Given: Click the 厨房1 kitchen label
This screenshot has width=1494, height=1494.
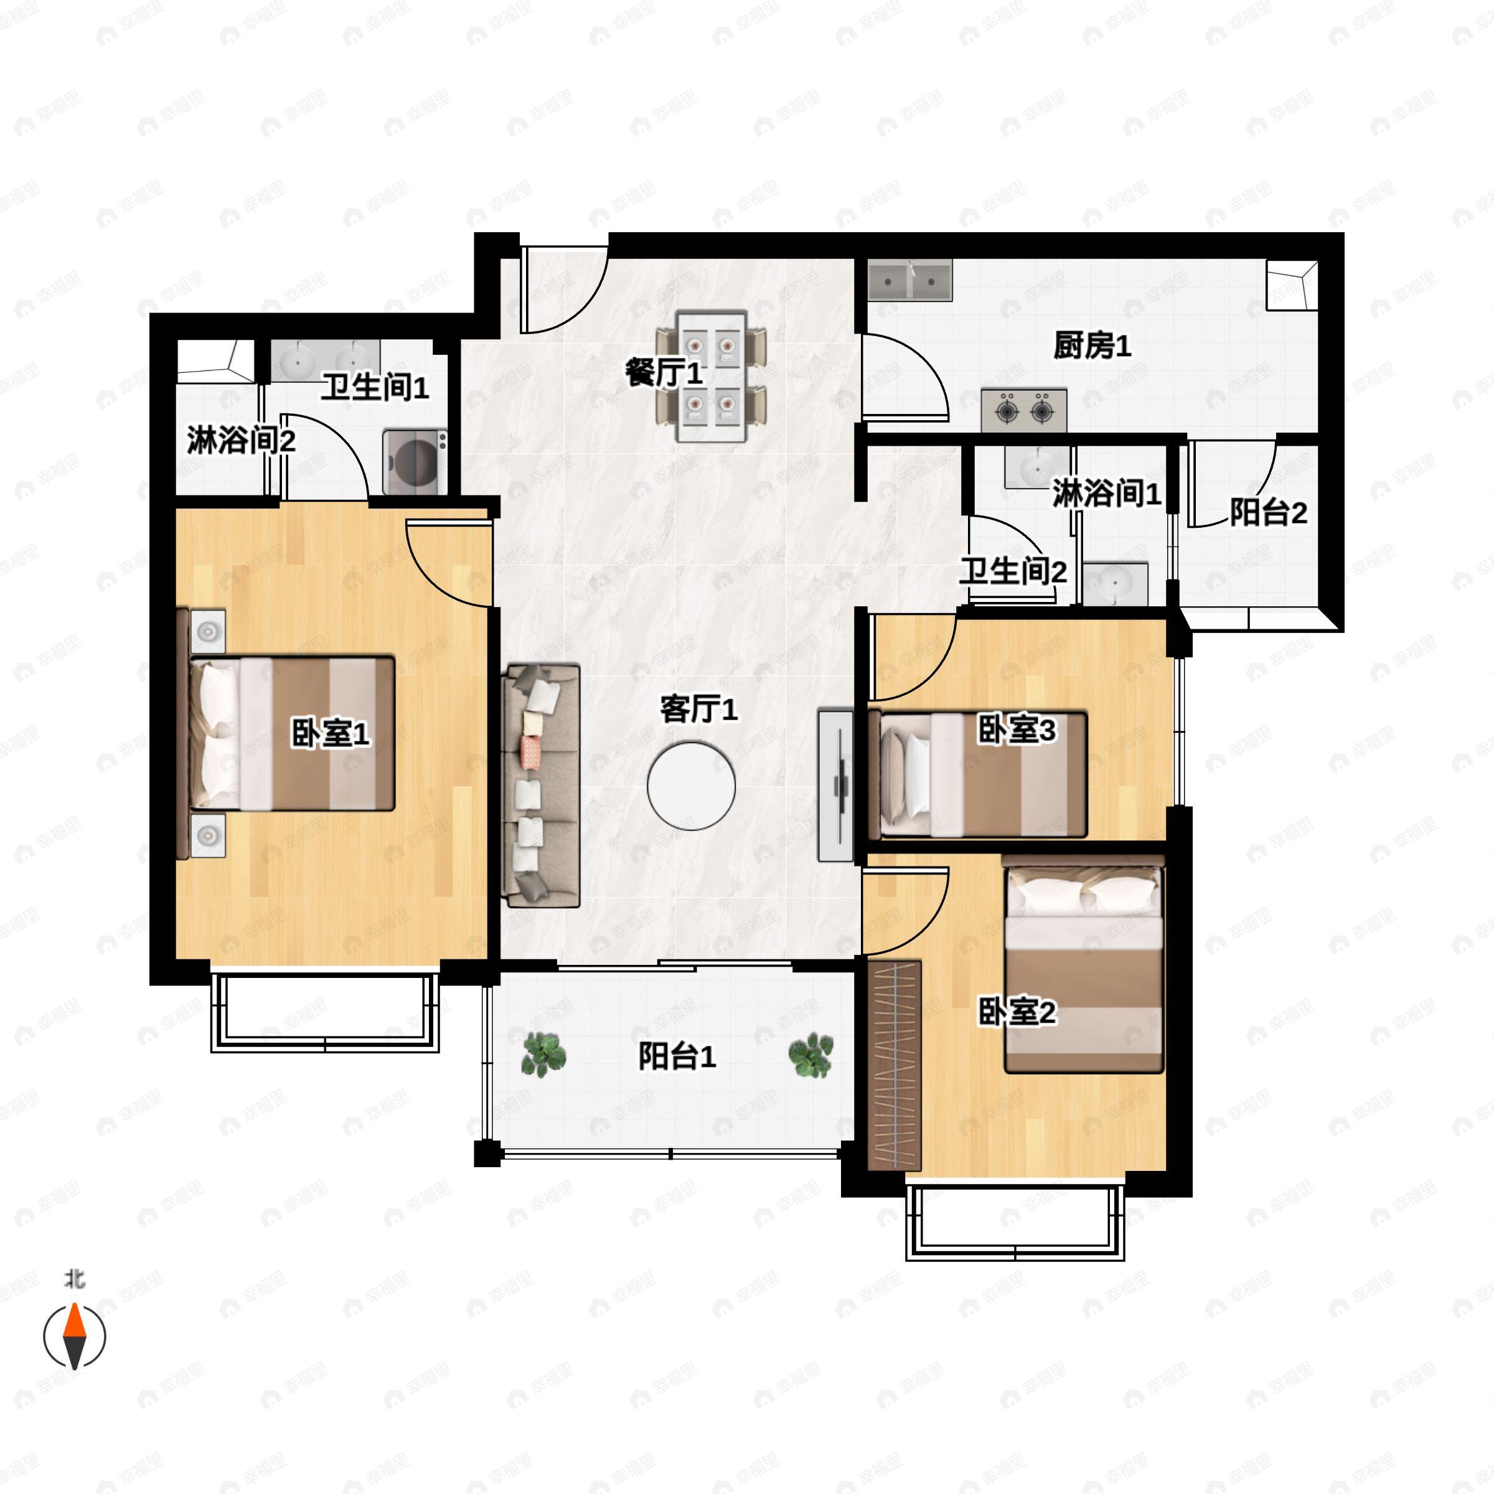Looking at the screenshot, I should click(1091, 345).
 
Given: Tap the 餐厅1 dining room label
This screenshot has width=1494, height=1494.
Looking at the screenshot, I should click(664, 374).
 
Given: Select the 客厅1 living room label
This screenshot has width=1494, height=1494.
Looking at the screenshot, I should click(698, 708).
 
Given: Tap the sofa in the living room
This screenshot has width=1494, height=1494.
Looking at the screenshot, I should click(540, 785).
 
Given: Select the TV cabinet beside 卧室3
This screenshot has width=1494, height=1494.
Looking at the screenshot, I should click(835, 785).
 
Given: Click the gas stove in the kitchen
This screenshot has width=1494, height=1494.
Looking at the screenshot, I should click(1023, 410).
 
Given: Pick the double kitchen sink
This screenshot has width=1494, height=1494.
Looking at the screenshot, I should click(909, 280).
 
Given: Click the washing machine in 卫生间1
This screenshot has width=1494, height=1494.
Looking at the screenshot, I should click(415, 462).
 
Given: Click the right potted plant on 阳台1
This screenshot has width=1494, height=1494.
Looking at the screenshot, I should click(810, 1055).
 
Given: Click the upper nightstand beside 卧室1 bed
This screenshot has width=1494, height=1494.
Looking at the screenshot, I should click(208, 632).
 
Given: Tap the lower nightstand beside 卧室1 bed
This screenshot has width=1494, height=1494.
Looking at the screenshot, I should click(208, 834).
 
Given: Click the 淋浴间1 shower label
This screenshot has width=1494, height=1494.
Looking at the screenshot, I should click(1106, 492).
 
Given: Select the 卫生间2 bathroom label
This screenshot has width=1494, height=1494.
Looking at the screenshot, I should click(1012, 571).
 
